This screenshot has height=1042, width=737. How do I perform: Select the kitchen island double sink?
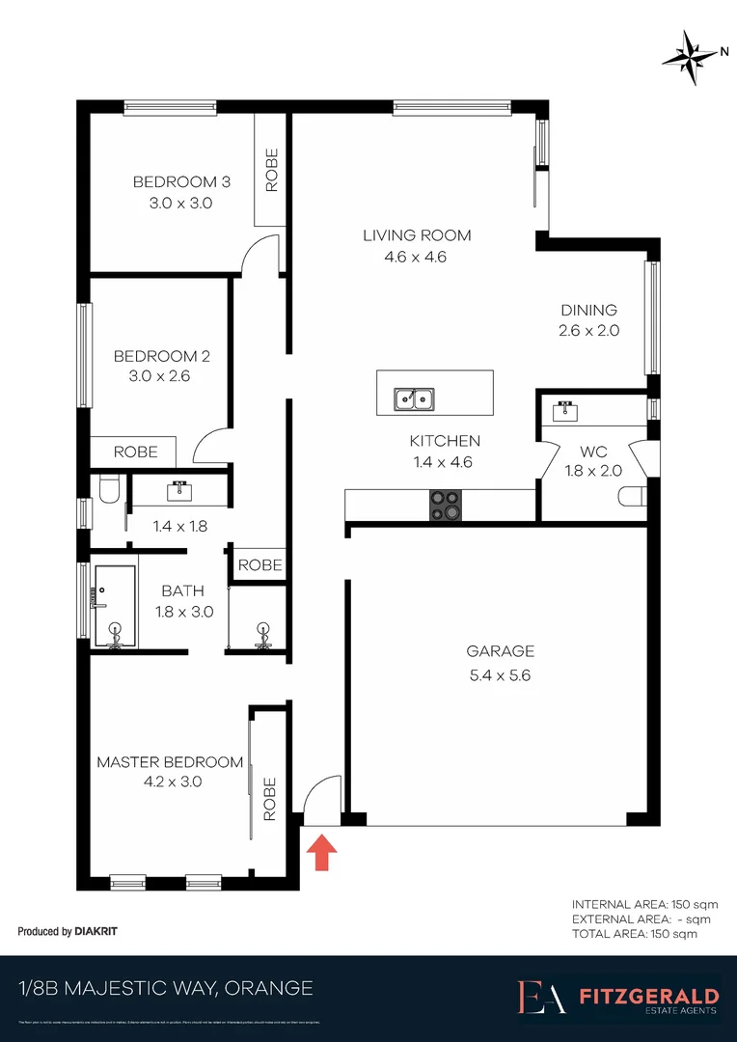pyautogui.click(x=414, y=398)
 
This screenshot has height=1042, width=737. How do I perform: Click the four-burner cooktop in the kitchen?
pyautogui.click(x=445, y=505)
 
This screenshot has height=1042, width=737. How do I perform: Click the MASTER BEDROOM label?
pyautogui.click(x=170, y=762)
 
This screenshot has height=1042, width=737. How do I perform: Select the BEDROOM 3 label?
pyautogui.click(x=181, y=182)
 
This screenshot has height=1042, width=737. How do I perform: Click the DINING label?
pyautogui.click(x=588, y=310)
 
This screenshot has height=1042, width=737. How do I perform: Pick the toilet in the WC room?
pyautogui.click(x=632, y=496)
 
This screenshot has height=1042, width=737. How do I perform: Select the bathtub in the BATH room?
pyautogui.click(x=115, y=606)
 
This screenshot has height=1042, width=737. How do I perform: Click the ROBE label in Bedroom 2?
pyautogui.click(x=135, y=452)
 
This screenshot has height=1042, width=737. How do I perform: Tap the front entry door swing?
pyautogui.click(x=322, y=800)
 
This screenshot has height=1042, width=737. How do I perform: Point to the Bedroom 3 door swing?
pyautogui.click(x=259, y=256)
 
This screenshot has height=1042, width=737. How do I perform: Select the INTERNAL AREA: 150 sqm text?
pyautogui.click(x=632, y=904)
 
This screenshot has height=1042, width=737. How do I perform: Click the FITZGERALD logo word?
pyautogui.click(x=647, y=995)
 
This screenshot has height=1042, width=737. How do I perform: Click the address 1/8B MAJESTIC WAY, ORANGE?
pyautogui.click(x=166, y=988)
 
